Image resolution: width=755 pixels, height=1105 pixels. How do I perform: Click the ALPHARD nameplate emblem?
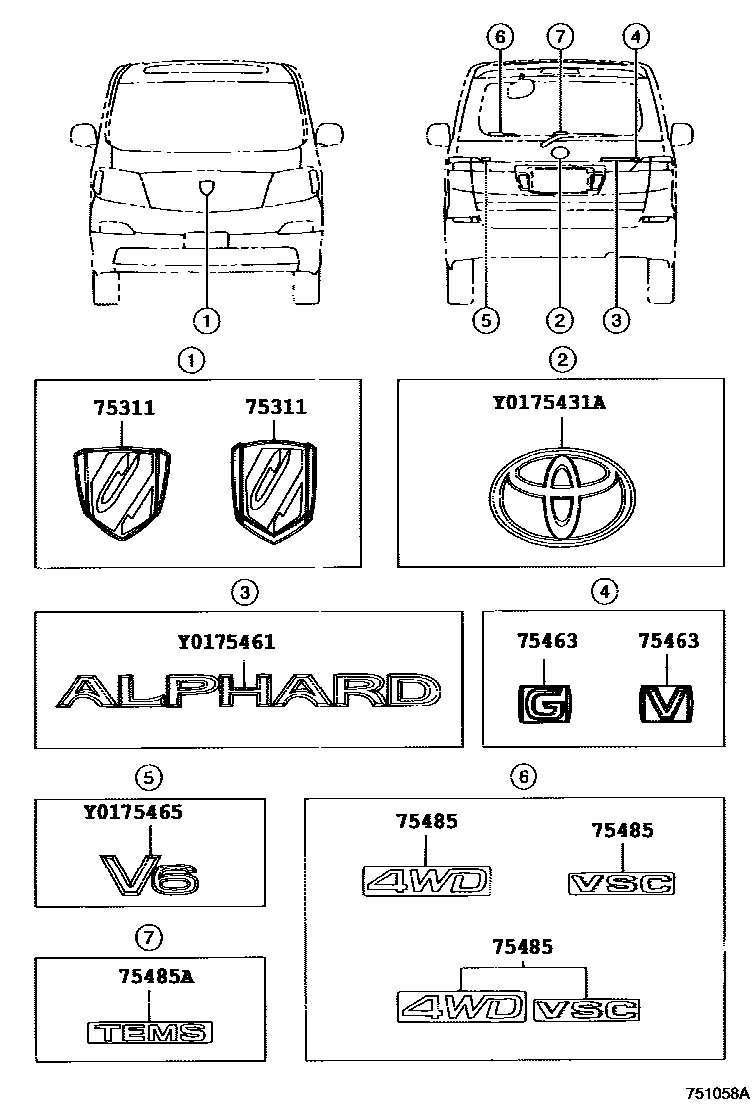[x=245, y=691]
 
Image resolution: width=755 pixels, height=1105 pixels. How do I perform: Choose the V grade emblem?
[x=665, y=705]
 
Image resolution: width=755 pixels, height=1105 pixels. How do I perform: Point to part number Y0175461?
[x=226, y=643]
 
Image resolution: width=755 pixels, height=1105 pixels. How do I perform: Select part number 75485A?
[x=148, y=977]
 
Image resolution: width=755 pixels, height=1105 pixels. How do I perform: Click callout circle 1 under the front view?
[x=206, y=320]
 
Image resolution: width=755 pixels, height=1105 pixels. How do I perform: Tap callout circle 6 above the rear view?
[x=499, y=37]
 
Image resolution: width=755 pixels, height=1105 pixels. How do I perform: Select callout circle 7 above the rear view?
[x=560, y=37]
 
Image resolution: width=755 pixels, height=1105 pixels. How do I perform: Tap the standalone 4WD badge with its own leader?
[x=425, y=880]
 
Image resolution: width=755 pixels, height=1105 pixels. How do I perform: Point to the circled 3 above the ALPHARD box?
[x=245, y=593]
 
